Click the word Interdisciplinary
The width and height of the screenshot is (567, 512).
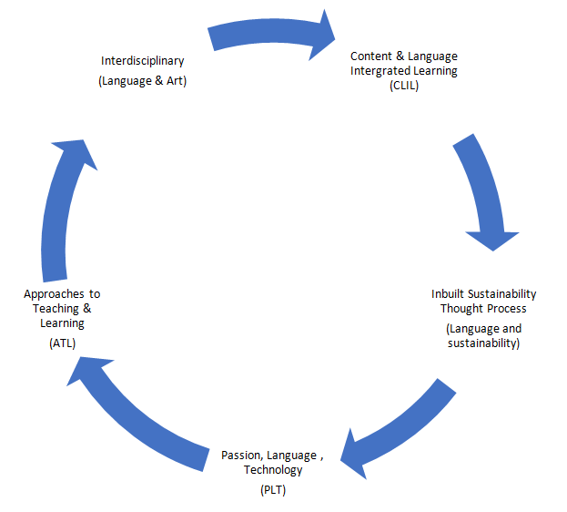(143, 61)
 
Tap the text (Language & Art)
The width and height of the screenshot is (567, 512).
(143, 81)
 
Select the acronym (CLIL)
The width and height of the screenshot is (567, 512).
(404, 86)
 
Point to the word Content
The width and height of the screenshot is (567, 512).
(371, 56)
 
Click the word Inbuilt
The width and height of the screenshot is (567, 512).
(448, 293)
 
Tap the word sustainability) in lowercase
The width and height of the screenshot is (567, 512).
(483, 343)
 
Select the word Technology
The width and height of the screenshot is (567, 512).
(273, 470)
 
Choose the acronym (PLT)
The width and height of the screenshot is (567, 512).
(273, 490)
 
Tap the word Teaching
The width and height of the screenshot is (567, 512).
(56, 309)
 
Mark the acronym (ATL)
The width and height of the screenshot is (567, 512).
(62, 343)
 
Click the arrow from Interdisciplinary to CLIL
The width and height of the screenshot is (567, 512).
(271, 30)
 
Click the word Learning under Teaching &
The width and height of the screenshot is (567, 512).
(62, 323)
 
